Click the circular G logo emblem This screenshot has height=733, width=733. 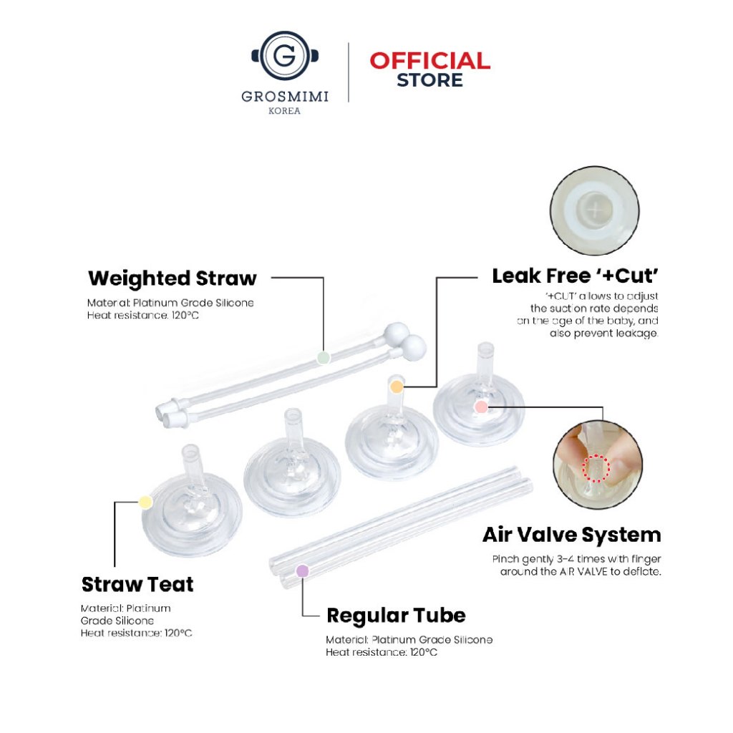285,56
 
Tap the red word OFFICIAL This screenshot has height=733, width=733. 429,62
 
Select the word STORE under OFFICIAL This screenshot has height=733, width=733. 429,80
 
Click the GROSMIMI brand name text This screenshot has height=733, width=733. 285,97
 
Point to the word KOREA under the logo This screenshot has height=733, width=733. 284,111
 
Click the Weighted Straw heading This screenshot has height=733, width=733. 173,278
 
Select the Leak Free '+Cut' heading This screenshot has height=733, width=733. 576,276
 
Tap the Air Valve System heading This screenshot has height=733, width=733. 572,535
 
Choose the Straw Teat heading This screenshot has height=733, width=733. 137,584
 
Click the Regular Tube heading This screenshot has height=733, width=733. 396,616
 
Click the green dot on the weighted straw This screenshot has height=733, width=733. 324,358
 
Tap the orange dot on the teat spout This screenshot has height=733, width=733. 397,387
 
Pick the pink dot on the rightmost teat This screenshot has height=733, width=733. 481,407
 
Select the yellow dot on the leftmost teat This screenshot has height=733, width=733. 145,503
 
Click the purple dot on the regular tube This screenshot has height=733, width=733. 303,571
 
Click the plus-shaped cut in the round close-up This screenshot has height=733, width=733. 594,210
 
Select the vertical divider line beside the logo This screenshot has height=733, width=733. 349,72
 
